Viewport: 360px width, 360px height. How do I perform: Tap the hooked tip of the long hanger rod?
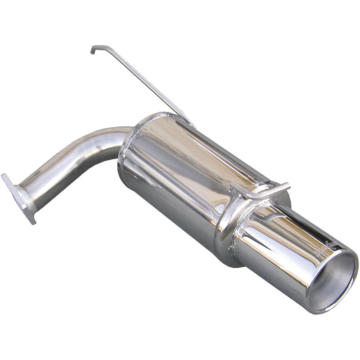pyautogui.click(x=93, y=49)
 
